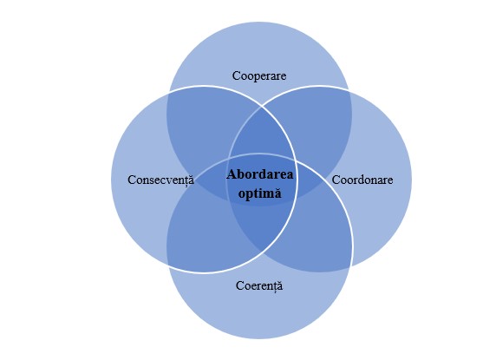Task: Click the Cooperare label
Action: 259,76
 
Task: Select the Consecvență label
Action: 160,180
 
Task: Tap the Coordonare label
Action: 362,180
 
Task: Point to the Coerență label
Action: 259,286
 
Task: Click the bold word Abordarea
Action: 259,174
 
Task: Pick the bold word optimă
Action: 259,193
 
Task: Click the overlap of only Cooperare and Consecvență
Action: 202,127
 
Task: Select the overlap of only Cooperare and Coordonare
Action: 317,127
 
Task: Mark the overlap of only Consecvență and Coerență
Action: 202,234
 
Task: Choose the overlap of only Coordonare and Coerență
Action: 317,234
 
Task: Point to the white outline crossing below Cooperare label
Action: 261,107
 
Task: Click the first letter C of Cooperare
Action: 237,76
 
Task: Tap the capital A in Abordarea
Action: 232,174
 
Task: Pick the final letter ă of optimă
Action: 277,193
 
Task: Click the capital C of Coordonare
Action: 336,180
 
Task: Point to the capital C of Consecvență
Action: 132,180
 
